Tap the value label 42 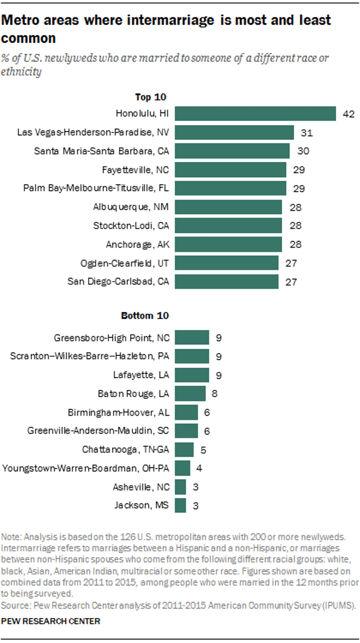(349, 114)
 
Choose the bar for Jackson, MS (180, 505)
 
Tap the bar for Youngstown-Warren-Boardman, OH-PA (183, 468)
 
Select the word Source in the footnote (14, 605)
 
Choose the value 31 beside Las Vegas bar (305, 132)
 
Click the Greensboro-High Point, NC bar (192, 338)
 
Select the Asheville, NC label (141, 486)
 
